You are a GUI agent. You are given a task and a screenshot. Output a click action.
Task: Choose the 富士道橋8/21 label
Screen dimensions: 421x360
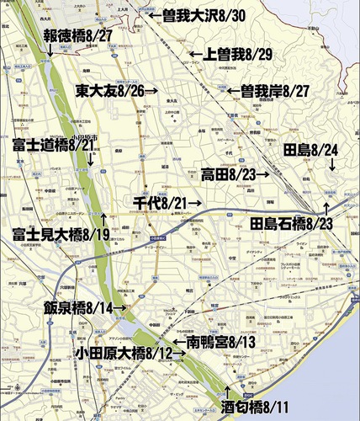coord(54,146)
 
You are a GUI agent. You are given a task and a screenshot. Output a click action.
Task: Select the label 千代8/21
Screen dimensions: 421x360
coord(160,203)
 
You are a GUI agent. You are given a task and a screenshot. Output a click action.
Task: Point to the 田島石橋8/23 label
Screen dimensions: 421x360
coord(292,224)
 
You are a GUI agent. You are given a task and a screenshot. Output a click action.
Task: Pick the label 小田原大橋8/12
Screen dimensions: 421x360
coord(124,353)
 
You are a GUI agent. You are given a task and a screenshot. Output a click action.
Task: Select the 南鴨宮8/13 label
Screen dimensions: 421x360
coord(215,343)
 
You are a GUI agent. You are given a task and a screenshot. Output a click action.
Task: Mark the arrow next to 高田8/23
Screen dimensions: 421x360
coord(263,174)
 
